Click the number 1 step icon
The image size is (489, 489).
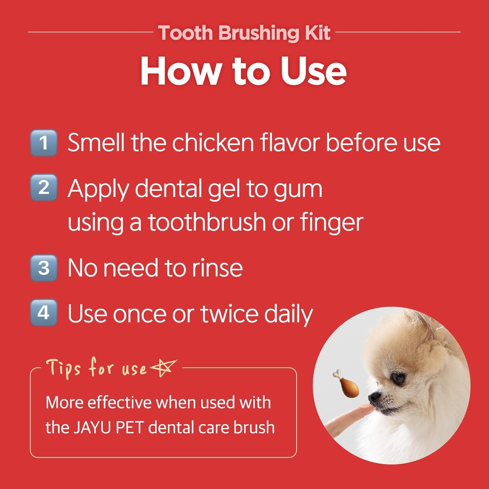pos(44,143)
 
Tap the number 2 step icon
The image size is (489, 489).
pos(44,187)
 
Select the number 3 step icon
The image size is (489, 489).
pos(44,268)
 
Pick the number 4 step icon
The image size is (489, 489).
pos(44,313)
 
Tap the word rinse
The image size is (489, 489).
pos(217,268)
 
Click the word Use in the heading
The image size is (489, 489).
pos(313,71)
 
